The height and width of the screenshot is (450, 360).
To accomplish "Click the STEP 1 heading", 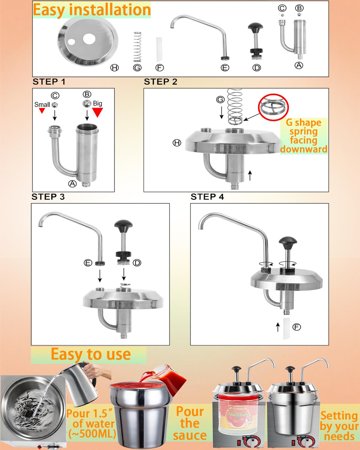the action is coord(49,82).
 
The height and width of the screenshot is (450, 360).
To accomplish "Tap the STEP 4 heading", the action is coord(207,197).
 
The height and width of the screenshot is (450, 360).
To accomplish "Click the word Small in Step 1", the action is coord(42,105).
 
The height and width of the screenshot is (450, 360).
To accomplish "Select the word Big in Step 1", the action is coord(97,103).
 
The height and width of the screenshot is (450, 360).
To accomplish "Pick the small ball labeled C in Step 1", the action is coord(55,105).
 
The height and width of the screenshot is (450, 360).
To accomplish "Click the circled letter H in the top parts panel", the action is coord(114,68).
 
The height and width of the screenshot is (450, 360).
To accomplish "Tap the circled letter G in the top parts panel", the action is coord(137,68).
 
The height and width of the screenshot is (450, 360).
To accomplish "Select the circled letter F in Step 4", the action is coord(297,327).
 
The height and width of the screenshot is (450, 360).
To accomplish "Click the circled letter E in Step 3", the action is coord(88,262).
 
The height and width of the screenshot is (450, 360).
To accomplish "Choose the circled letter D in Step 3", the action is coord(137,262).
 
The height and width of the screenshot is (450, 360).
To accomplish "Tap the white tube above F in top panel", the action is coord(159,49).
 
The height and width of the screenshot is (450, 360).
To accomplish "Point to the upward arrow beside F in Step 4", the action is coord(278,327).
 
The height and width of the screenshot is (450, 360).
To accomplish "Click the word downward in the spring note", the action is coord(304,149).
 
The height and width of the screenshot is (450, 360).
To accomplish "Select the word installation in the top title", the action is coord(110,10).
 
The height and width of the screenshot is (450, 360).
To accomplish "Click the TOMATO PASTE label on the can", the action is coord(238,414).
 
